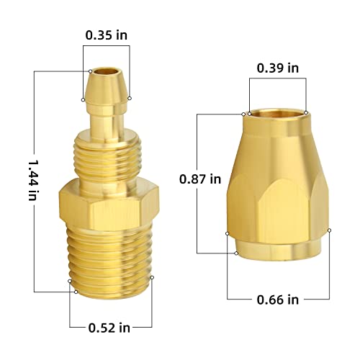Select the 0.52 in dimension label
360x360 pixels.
coord(109,328)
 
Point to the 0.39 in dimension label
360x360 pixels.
coord(277,68)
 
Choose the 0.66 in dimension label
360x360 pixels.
coord(277,300)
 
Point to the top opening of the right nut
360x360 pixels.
coord(277,114)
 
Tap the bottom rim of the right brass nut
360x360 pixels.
coord(278,252)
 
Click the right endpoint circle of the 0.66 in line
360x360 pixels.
coord(330,230)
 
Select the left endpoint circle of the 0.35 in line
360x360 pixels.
coord(90,71)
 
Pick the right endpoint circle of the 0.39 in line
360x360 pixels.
coord(306,112)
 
